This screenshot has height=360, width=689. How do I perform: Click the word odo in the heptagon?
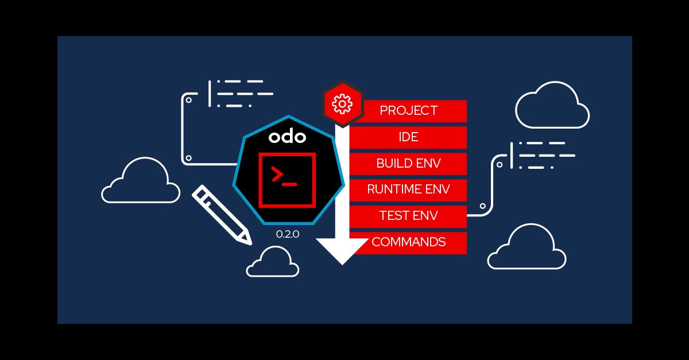[x=288, y=137]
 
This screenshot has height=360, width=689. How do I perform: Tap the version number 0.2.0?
[x=288, y=234]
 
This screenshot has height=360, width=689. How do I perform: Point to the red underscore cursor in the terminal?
[x=290, y=184]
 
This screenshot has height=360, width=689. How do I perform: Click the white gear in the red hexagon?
[x=342, y=104]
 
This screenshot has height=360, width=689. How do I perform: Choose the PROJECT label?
[x=408, y=111]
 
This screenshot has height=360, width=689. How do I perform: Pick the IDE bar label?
[x=408, y=137]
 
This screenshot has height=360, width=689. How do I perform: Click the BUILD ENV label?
[x=408, y=164]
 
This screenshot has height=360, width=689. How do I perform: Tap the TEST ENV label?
[x=408, y=216]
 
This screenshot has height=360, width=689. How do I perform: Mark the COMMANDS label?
[x=408, y=242]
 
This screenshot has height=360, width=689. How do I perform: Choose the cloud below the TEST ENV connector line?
[x=527, y=248]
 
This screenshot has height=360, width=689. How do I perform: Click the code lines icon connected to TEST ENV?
[x=543, y=155]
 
